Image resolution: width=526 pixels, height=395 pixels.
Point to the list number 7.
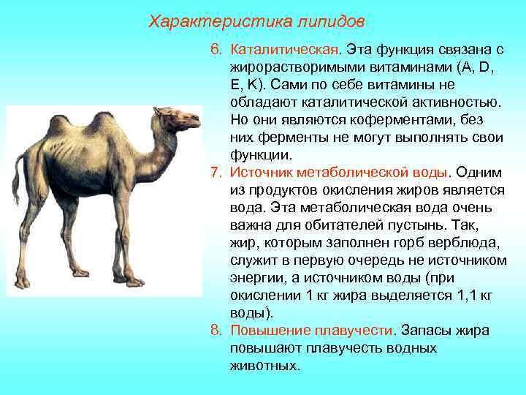coord(216,173)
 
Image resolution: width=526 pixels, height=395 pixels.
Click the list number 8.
coord(216,331)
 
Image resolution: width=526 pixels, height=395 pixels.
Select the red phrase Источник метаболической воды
coord(338,173)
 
